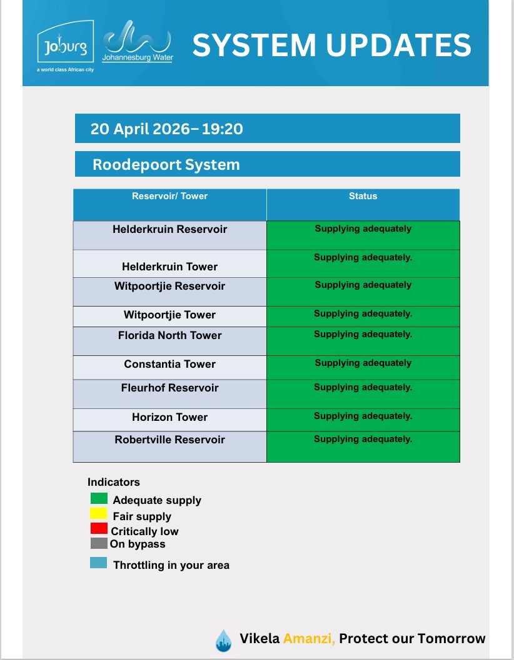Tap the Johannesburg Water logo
(x=137, y=42)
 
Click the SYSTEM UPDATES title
(x=331, y=45)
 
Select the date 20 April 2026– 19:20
(x=167, y=129)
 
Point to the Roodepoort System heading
(x=166, y=165)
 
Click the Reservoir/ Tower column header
(x=169, y=196)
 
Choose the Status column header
(x=363, y=196)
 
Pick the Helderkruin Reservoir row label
(x=169, y=229)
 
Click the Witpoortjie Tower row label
(x=169, y=315)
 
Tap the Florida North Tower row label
(x=169, y=335)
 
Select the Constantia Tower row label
(x=169, y=364)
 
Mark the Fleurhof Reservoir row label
(x=169, y=388)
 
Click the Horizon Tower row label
(x=169, y=417)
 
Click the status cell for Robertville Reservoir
(x=363, y=446)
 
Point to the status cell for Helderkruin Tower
(x=363, y=264)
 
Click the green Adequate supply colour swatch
(x=99, y=498)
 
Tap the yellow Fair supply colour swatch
(x=99, y=514)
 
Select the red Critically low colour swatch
(x=99, y=529)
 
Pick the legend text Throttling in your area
(x=171, y=565)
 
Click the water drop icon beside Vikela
(x=223, y=641)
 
